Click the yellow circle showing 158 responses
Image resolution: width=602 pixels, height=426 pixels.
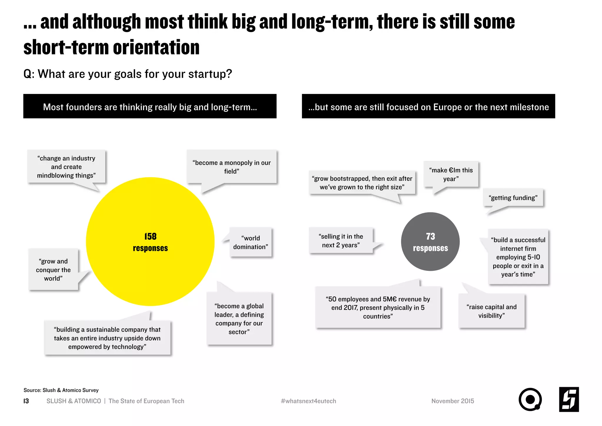150,241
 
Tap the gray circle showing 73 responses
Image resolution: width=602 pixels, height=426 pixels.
430,241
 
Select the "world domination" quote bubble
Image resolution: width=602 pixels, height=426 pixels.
251,242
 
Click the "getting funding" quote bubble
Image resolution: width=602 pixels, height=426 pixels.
513,198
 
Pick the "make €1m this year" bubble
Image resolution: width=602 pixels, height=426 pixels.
451,174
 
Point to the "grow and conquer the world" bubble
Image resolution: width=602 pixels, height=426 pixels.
53,270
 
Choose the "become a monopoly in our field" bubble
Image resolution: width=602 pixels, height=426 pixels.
232,167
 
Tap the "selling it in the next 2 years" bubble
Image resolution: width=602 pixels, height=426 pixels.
341,241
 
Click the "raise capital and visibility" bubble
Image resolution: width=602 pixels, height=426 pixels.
491,311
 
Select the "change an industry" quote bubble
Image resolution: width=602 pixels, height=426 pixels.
66,167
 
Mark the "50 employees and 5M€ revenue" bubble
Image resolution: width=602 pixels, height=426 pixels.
378,308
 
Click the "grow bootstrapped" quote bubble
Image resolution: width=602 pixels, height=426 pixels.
362,183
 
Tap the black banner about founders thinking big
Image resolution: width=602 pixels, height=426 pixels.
150,107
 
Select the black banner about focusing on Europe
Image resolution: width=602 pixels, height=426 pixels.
428,107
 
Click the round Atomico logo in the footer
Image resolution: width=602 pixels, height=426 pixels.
530,400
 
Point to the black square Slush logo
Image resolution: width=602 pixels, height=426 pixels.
569,400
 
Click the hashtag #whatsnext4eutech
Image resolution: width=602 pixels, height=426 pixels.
308,401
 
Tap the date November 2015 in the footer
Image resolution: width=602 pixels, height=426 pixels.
453,401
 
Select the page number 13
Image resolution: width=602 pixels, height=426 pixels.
26,401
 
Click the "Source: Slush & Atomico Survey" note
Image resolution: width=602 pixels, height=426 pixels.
61,390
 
